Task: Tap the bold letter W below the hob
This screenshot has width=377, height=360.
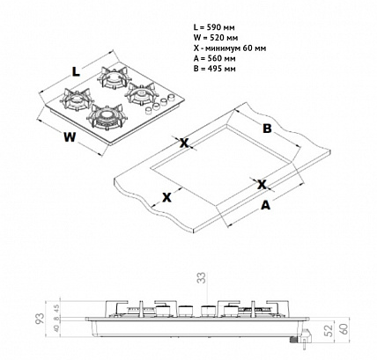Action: coord(69,136)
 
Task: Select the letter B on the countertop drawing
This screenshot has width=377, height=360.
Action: coord(266,129)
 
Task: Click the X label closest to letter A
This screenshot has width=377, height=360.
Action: coord(262,184)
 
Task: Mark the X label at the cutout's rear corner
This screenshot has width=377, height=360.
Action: coord(184,143)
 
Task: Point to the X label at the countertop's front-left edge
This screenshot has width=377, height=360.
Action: coord(165,197)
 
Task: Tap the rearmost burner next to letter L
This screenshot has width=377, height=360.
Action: coord(115,79)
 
